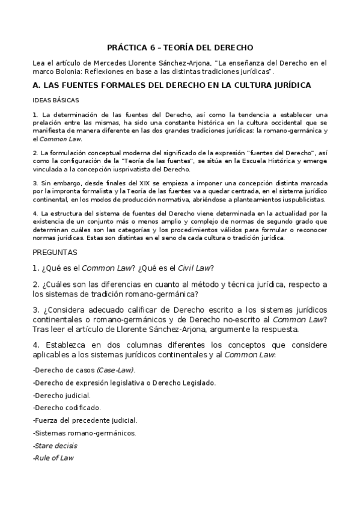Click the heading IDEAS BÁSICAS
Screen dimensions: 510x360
(x=55, y=100)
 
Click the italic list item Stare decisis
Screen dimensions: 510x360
(x=55, y=446)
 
